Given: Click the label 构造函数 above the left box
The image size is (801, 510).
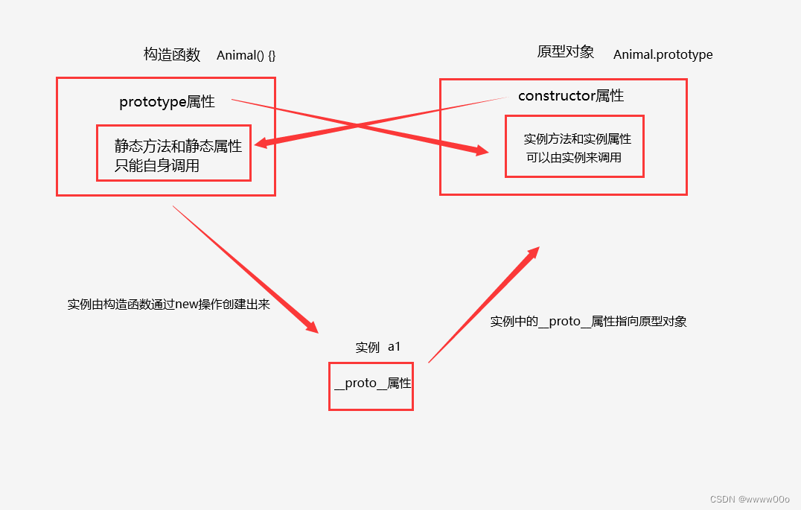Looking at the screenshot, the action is (x=172, y=54).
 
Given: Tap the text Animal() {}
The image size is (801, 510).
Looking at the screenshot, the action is (x=246, y=55).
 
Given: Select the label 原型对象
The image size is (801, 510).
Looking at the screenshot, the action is (x=565, y=52).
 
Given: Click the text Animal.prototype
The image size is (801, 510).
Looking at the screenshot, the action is (x=663, y=54).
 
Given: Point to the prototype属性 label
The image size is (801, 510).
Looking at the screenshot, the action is (x=167, y=102).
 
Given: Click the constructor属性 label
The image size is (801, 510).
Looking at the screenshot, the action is (x=570, y=95).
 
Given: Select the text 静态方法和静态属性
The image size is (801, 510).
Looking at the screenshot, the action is (x=178, y=146).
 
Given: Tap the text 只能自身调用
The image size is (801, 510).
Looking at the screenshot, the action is (x=156, y=165).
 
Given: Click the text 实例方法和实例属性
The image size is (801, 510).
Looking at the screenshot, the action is (x=577, y=138).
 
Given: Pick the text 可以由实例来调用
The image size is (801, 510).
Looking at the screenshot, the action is (x=573, y=157).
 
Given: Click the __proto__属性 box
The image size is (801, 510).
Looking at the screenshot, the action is (x=371, y=384).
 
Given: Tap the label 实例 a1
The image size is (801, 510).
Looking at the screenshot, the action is (x=378, y=347).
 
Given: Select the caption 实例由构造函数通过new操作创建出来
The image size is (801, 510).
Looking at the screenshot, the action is (x=168, y=305).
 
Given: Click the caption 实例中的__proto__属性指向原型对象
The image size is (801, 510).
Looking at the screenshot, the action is (x=588, y=322).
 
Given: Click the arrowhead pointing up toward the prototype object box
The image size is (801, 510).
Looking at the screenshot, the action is (x=532, y=253).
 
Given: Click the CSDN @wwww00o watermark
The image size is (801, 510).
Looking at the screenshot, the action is (x=750, y=500).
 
